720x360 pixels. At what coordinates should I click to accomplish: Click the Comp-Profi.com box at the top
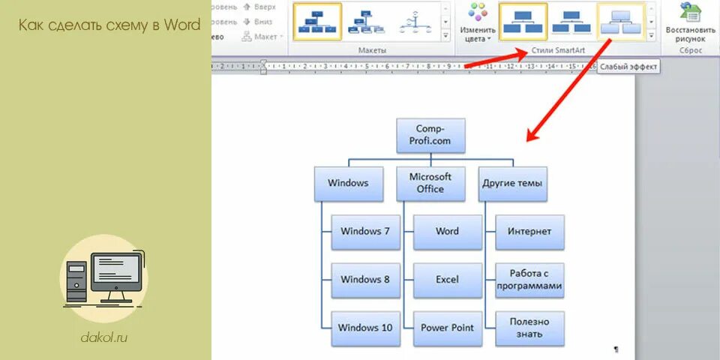pos(430,135)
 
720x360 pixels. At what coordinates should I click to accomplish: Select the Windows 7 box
pos(365,232)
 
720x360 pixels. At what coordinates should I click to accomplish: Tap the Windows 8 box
pos(365,280)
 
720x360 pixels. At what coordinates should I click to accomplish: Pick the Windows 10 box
pos(365,328)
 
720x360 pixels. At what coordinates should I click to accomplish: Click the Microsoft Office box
pos(430,183)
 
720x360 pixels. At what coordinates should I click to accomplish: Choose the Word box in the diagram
pos(447,232)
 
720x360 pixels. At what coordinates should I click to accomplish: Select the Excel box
pos(447,280)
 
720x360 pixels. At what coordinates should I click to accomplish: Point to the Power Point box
pos(447,328)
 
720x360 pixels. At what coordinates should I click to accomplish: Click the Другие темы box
pos(513,183)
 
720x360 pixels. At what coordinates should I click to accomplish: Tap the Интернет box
pos(529,232)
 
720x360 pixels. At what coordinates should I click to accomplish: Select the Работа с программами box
pos(529,280)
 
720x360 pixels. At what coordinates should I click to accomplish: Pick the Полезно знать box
pos(529,328)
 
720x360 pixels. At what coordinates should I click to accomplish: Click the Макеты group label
pos(372,49)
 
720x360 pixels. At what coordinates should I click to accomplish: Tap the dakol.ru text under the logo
pos(104,336)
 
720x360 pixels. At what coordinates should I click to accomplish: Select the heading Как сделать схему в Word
pos(109,25)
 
